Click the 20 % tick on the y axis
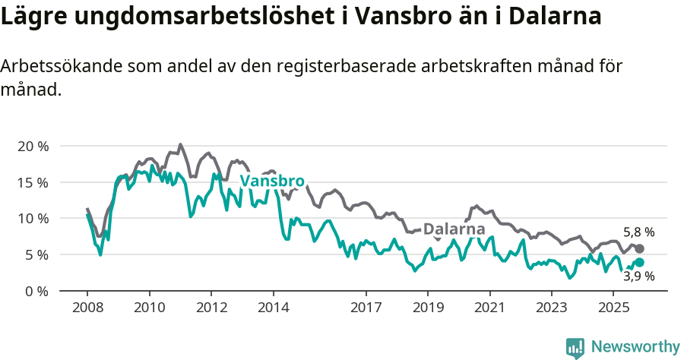pos(33,146)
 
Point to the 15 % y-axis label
pos(33,182)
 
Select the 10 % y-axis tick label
pos(33,219)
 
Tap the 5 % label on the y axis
pos(36,254)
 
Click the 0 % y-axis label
pos(36,291)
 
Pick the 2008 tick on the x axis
pos(87,308)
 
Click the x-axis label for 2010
pos(149,308)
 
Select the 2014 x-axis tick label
pos(273,308)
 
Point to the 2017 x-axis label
pos(366,308)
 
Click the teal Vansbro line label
pos(272,182)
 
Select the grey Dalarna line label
pos(454,229)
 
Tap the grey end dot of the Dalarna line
pos(639,249)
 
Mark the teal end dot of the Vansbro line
pos(639,262)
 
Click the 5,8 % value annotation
pos(639,232)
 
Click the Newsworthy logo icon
pos(575,348)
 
